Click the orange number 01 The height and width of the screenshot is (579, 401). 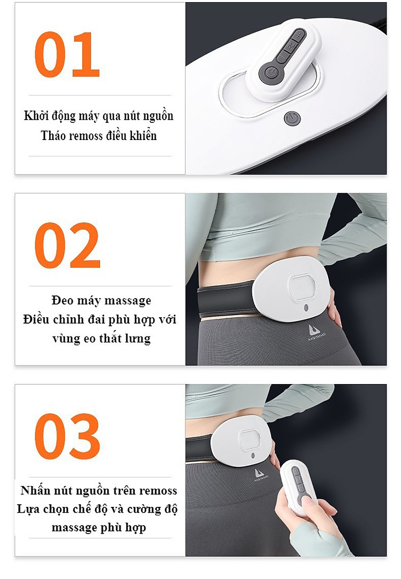tap(67, 54)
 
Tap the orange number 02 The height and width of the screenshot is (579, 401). tap(67, 245)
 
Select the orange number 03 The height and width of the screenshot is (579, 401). tap(67, 436)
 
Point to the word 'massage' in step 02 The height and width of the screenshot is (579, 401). tap(127, 301)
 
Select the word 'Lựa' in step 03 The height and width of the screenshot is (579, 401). tap(28, 510)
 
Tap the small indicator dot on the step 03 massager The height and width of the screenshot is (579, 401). tap(252, 455)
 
